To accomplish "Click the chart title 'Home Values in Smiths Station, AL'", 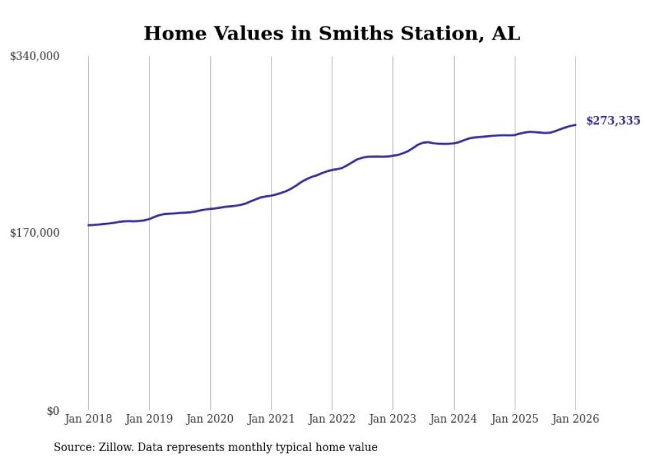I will [332, 33].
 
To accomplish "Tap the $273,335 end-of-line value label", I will [612, 121].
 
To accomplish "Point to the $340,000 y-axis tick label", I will [34, 57].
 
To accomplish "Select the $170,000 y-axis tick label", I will [34, 233].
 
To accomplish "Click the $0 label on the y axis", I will [53, 411].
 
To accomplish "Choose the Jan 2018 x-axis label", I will [88, 419].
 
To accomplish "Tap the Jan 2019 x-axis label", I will [149, 419].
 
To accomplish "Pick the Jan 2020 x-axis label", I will [210, 419].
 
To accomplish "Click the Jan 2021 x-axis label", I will [271, 419].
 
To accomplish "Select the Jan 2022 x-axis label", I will [332, 419].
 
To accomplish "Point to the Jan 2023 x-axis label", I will [393, 419].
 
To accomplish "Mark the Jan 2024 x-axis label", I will [454, 419].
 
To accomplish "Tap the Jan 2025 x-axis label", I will [514, 419].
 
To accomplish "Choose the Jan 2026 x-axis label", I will [575, 419].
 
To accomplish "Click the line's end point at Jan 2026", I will [575, 125].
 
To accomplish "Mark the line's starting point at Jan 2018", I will [88, 226].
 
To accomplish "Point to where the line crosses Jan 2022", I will [332, 170].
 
